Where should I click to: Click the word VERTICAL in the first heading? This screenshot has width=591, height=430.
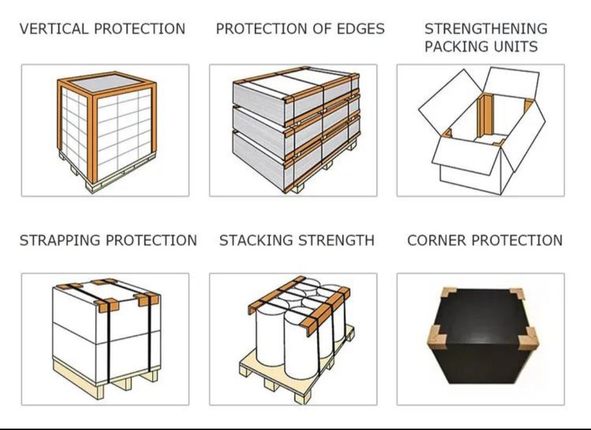pos(53,29)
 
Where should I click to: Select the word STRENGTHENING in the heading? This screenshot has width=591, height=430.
pos(486,29)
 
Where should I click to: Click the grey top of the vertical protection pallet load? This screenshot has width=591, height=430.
pos(107,83)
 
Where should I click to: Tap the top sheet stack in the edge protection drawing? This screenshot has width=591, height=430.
pos(296,95)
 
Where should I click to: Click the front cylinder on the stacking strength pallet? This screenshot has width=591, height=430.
pos(300,343)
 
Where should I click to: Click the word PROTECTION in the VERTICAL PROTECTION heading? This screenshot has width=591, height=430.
pos(139,29)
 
